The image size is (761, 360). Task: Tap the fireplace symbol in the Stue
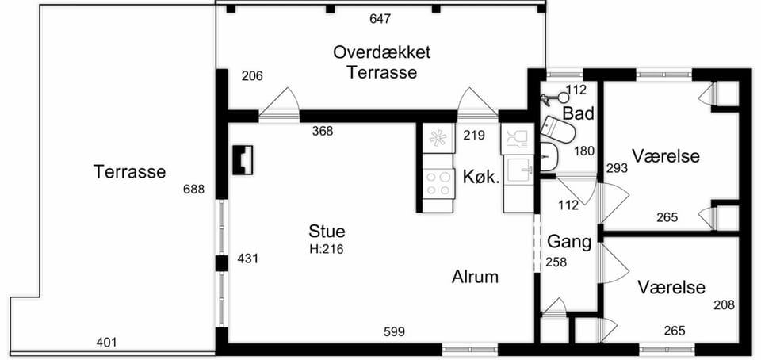(243, 160)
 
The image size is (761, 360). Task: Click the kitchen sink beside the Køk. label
(518, 172)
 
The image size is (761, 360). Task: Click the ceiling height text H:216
(327, 249)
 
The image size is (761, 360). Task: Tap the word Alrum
(475, 277)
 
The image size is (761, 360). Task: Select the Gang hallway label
(569, 242)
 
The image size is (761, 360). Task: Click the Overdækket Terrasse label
(381, 62)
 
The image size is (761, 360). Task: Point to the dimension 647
(380, 19)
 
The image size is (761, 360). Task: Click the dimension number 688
(193, 190)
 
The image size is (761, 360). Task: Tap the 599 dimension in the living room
(394, 332)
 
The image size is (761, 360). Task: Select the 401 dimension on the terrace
(107, 343)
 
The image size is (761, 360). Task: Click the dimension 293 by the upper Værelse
(618, 168)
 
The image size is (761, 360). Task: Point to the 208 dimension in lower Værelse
(724, 305)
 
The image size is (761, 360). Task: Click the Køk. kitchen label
(481, 178)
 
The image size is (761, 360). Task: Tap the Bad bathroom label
(579, 113)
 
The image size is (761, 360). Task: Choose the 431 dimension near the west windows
(248, 259)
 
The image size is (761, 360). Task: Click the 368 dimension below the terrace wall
(323, 131)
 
